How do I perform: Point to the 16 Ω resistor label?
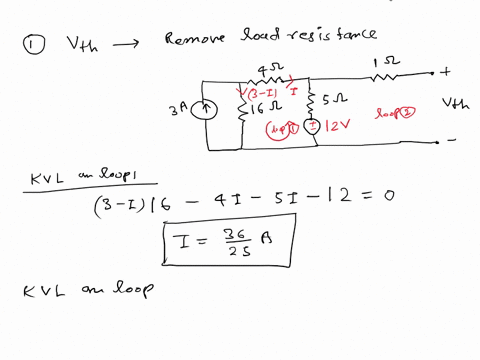[263, 108]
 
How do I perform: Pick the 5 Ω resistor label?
[336, 100]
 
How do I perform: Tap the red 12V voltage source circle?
[312, 126]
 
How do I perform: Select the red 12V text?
[336, 128]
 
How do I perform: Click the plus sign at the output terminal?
[445, 71]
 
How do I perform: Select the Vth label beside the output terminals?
[455, 103]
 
